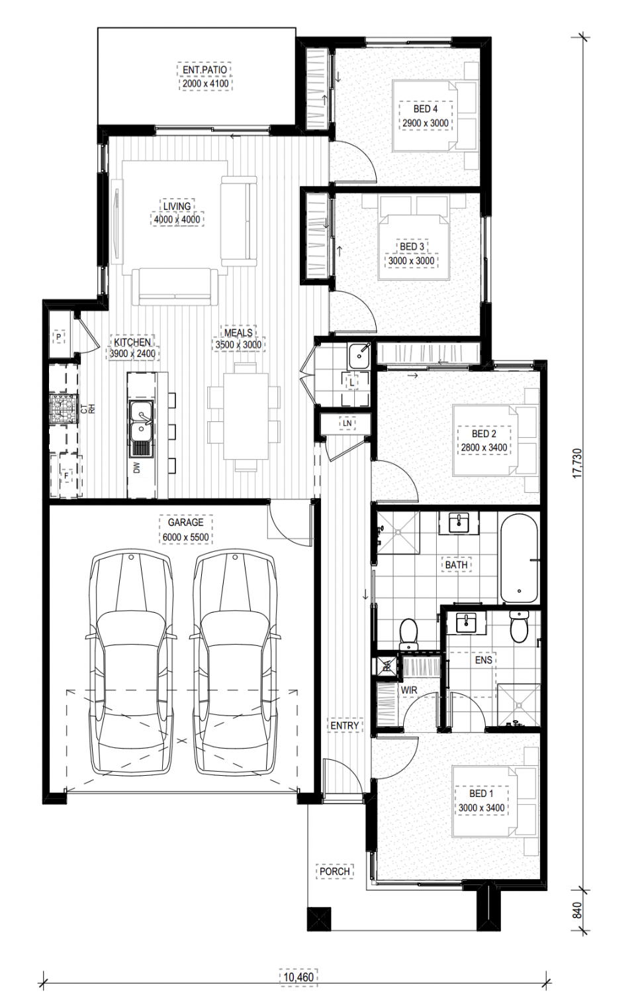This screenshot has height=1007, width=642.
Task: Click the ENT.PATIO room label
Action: tap(205, 70)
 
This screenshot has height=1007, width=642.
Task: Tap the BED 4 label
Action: tap(426, 109)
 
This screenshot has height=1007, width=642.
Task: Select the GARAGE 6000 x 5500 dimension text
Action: tap(185, 538)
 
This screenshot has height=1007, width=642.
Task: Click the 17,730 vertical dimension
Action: tap(578, 463)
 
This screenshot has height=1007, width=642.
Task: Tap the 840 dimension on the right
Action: tap(578, 910)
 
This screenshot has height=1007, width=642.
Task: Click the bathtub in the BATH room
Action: tap(519, 558)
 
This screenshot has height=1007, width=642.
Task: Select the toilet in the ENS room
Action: tap(520, 626)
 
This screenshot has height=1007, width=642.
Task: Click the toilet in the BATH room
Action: tap(408, 633)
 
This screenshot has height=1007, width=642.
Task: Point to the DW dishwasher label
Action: tap(137, 468)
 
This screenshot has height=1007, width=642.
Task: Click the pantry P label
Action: tap(59, 337)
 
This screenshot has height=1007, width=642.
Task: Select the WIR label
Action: tap(409, 690)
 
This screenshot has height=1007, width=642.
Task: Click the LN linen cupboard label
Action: tap(347, 423)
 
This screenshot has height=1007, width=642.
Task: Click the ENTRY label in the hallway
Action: tap(345, 725)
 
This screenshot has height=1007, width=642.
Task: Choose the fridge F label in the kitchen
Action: tap(66, 476)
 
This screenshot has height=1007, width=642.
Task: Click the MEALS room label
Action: tap(238, 333)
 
